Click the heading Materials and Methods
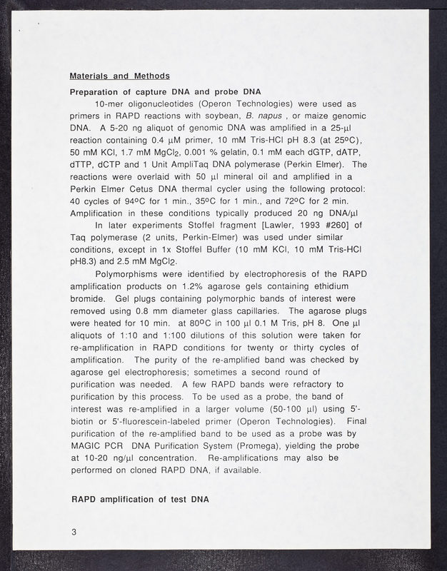coord(119,76)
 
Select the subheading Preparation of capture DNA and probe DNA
coord(166,92)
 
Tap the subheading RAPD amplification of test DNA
coord(140,499)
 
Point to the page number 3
coord(74,532)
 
